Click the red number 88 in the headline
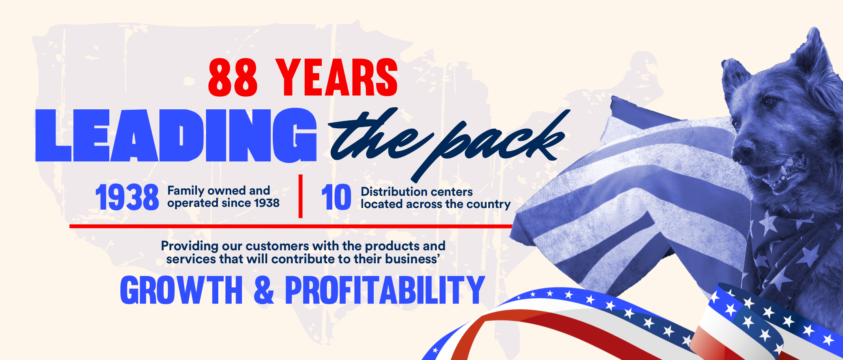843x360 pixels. [x=233, y=77]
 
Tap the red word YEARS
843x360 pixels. [x=337, y=77]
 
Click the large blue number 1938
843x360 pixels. [x=127, y=197]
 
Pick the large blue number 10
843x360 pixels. [x=336, y=197]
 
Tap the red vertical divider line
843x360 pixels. [x=300, y=196]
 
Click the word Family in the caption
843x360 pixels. [x=186, y=191]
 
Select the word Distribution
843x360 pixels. [x=395, y=191]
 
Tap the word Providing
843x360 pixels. [x=189, y=246]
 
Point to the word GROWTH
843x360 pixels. [x=182, y=290]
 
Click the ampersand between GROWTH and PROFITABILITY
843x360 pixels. [x=264, y=290]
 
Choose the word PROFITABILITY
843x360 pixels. [x=385, y=290]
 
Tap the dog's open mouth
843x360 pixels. [x=783, y=174]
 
